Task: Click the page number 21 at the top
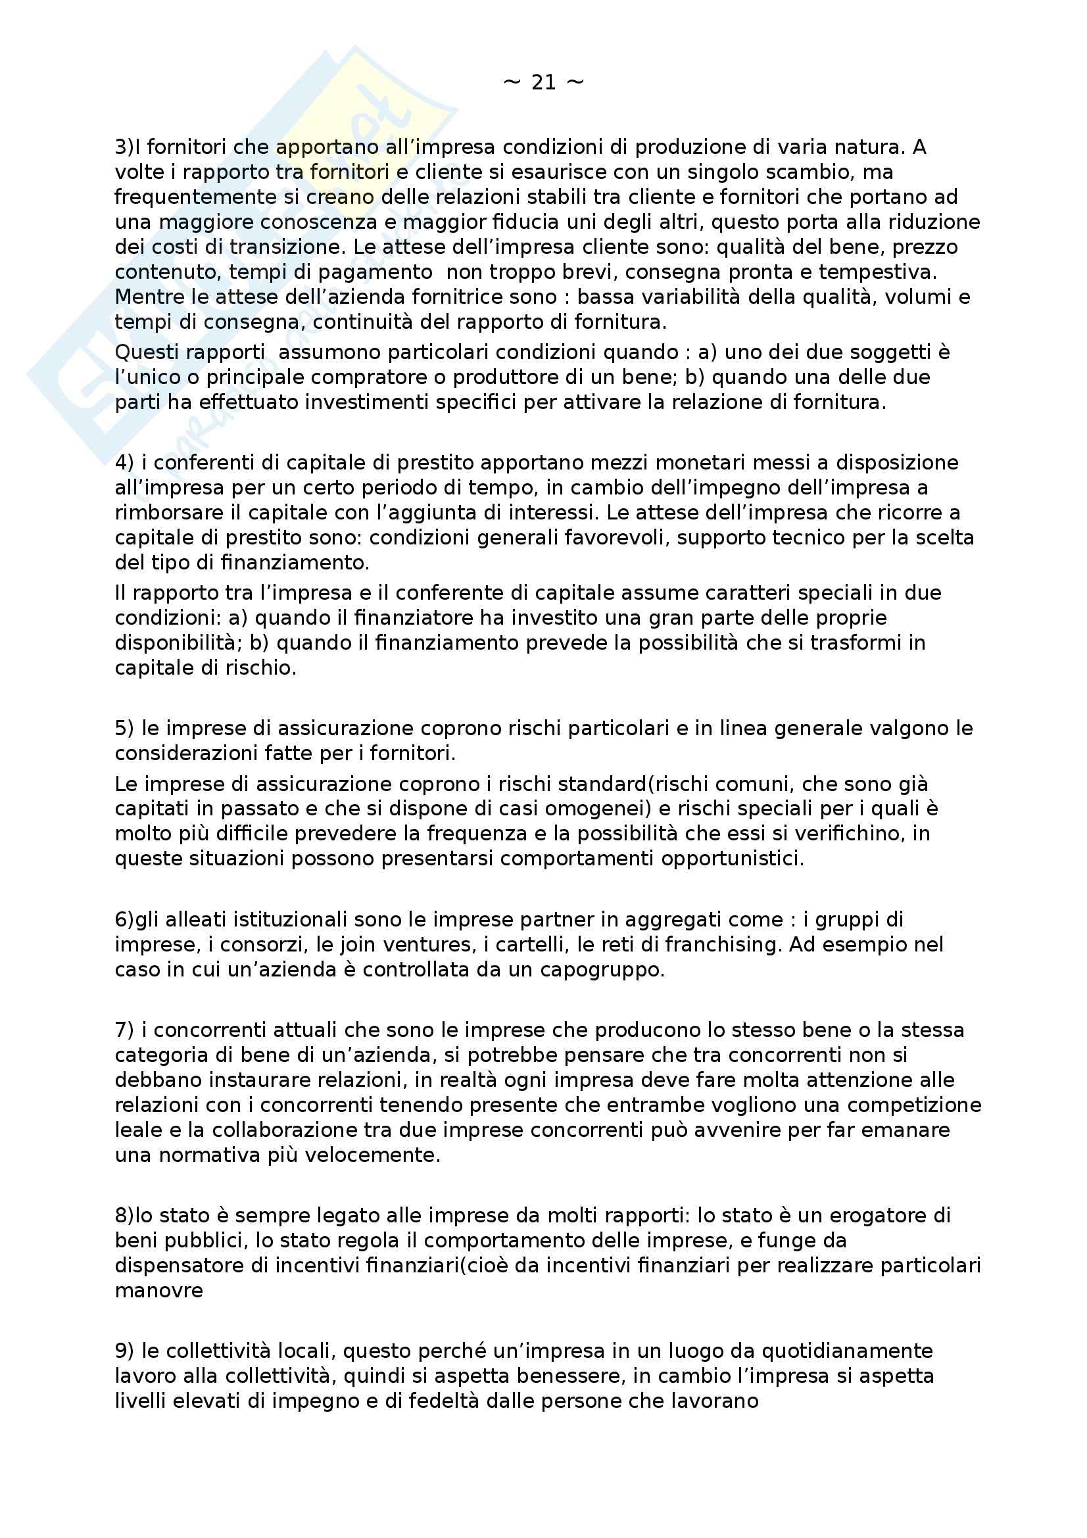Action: (543, 82)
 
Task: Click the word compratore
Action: (374, 377)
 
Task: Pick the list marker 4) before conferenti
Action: (124, 462)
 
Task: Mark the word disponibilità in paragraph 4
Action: (175, 642)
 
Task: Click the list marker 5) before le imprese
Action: (124, 728)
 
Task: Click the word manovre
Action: (158, 1290)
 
